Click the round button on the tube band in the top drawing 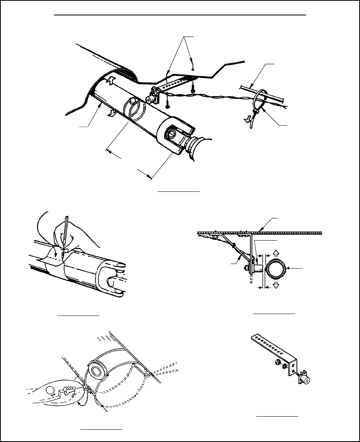[x=133, y=101]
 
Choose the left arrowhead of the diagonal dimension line [x=108, y=151]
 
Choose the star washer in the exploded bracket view [x=285, y=366]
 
